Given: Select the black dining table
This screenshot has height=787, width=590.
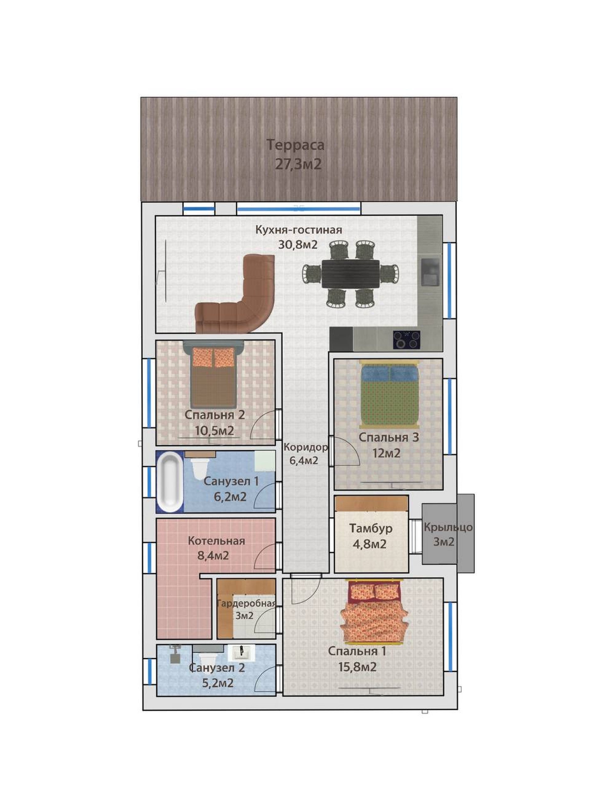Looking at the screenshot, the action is (x=350, y=273).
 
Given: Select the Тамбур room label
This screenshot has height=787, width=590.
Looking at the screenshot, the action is (x=371, y=528).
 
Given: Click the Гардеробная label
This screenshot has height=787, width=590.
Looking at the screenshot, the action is (x=246, y=603).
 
